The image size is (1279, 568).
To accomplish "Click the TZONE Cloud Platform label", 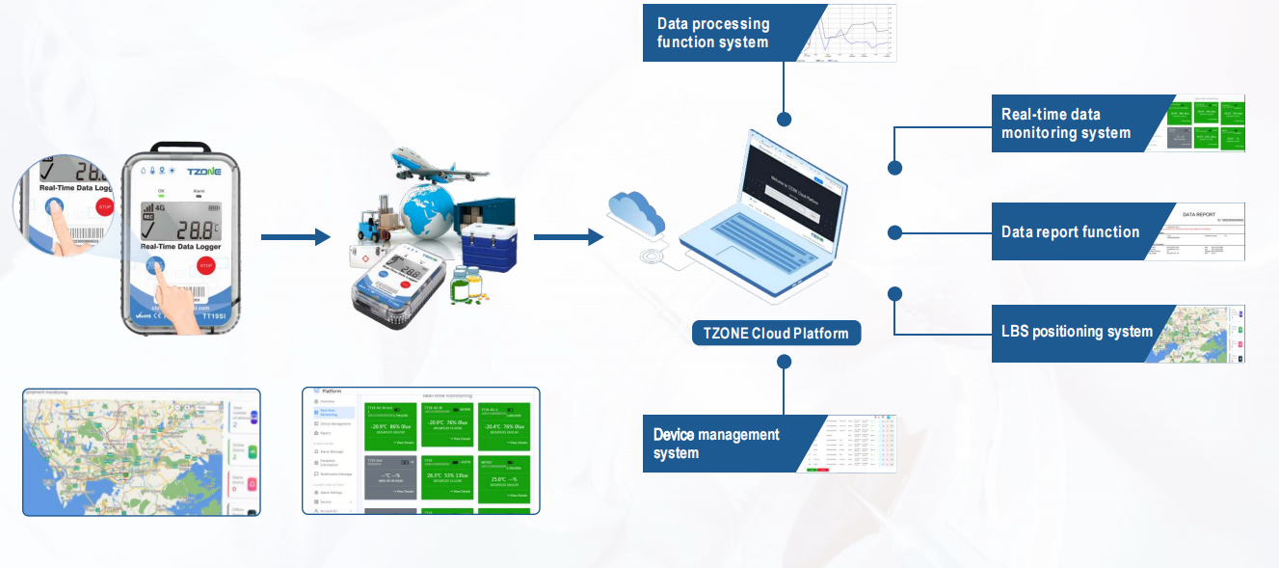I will (776, 334).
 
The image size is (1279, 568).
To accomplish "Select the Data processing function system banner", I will (718, 33).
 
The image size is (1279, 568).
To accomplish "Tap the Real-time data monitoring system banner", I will (1070, 123).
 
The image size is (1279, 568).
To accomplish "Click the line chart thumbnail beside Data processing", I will (849, 33).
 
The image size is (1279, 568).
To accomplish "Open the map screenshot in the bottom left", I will (142, 452).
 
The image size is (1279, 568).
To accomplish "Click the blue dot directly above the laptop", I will (785, 120).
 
